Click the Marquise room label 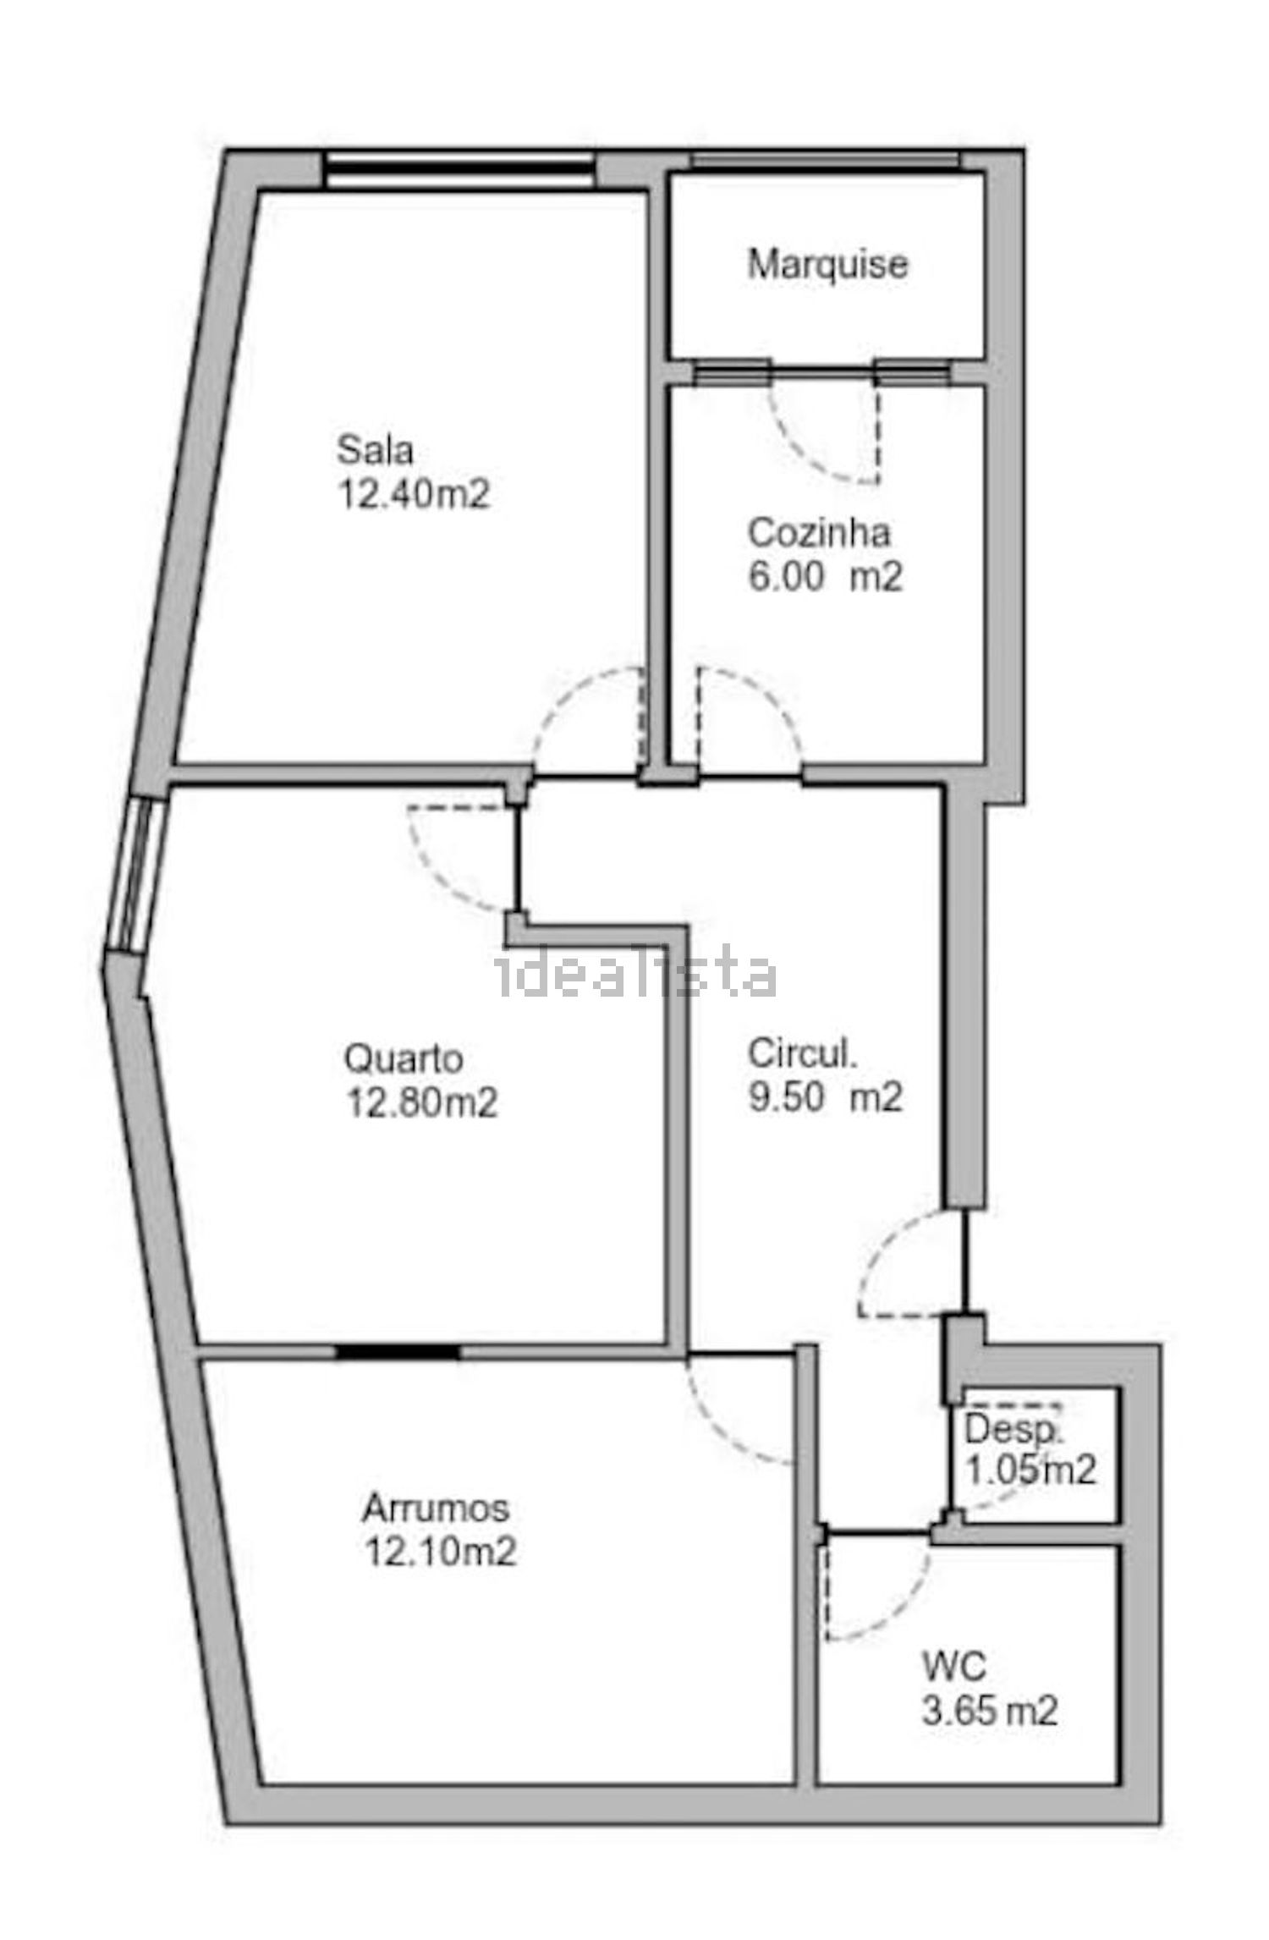pyautogui.click(x=827, y=265)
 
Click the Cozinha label pyautogui.click(x=819, y=533)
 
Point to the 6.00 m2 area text pyautogui.click(x=826, y=577)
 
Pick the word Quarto pyautogui.click(x=404, y=1059)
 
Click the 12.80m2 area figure pyautogui.click(x=420, y=1102)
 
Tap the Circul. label pyautogui.click(x=803, y=1054)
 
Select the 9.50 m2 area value pyautogui.click(x=826, y=1097)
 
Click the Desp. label pyautogui.click(x=1013, y=1429)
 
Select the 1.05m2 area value pyautogui.click(x=1030, y=1471)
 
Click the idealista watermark pyautogui.click(x=635, y=975)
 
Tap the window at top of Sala pyautogui.click(x=459, y=169)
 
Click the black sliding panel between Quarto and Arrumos pyautogui.click(x=398, y=1351)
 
